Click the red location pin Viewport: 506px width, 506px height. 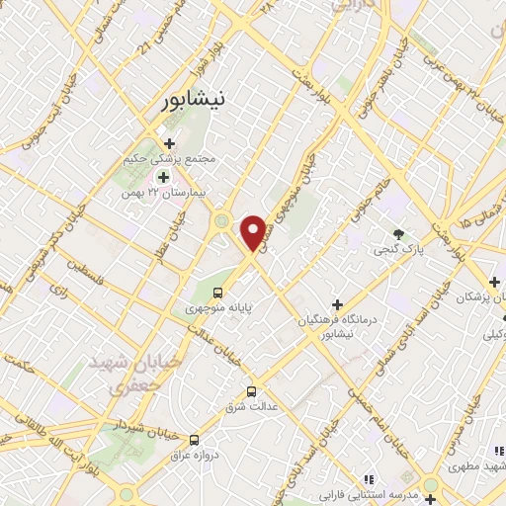[x=254, y=231]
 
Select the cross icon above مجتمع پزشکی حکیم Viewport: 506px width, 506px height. [x=170, y=143]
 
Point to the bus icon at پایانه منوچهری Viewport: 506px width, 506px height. [x=218, y=293]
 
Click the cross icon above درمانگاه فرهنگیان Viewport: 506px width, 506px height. [x=337, y=304]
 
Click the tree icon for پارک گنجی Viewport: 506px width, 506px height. [x=398, y=234]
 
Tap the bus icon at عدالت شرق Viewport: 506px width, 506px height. [x=251, y=391]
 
